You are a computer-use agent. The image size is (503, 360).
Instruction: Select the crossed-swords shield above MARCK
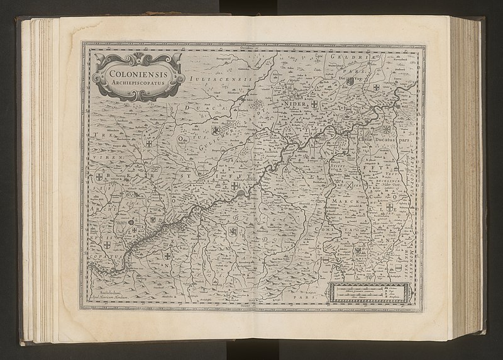(x=349, y=186)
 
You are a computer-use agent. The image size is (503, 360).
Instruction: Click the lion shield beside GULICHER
(x=216, y=131)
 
